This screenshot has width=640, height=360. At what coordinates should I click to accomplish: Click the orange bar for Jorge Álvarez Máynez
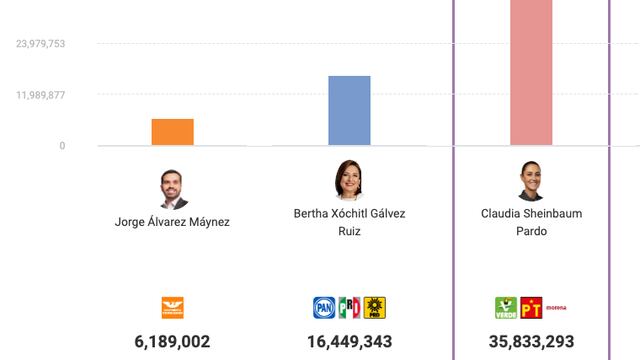[172, 132]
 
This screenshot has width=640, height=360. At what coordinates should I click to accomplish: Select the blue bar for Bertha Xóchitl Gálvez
[349, 111]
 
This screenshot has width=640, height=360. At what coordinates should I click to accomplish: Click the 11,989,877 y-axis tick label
[41, 95]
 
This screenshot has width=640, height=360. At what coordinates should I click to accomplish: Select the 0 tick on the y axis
[61, 146]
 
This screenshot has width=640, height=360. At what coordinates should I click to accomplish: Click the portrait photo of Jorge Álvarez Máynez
[173, 189]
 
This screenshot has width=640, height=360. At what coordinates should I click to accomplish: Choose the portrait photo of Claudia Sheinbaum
[531, 181]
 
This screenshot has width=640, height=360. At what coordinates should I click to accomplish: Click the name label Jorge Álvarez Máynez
[172, 222]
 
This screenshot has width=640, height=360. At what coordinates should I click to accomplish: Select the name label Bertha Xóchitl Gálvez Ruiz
[349, 222]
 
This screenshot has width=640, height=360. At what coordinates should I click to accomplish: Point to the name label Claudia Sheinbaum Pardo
[531, 222]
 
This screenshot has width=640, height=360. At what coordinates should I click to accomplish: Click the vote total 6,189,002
[172, 342]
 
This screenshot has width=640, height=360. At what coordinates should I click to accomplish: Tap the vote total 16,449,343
[349, 342]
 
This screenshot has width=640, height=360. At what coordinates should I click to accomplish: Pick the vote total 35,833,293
[531, 342]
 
